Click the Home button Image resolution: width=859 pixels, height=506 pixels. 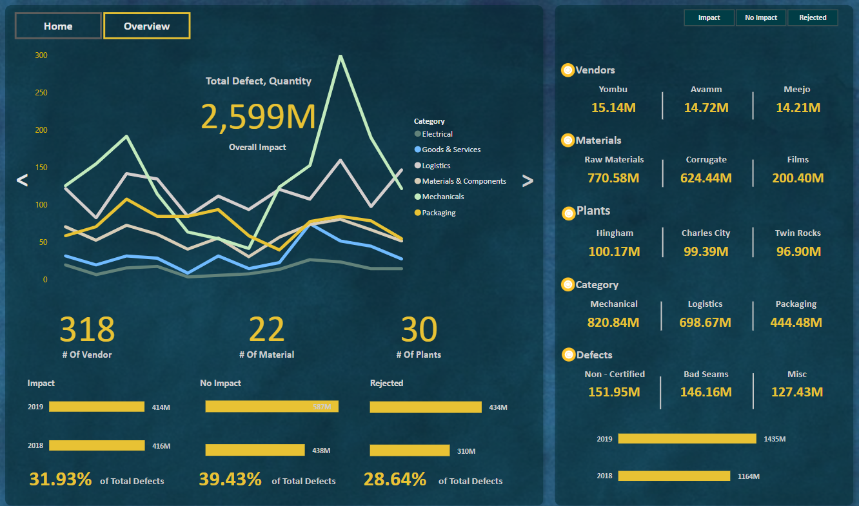click(58, 26)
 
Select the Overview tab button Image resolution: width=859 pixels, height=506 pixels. click(147, 26)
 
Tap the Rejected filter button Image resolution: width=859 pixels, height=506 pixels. click(813, 17)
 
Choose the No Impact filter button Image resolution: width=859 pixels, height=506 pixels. click(761, 17)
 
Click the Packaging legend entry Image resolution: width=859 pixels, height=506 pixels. click(439, 213)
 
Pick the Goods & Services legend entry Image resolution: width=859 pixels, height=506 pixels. click(451, 150)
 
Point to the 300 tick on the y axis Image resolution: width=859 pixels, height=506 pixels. click(41, 55)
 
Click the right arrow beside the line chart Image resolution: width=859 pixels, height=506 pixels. click(528, 180)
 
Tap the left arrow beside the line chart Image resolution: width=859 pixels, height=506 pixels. click(22, 180)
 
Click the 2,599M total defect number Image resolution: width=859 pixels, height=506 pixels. click(258, 117)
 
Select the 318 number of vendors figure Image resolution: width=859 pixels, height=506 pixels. click(87, 329)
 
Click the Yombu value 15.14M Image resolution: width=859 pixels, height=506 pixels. click(613, 108)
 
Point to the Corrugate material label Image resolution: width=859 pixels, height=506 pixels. click(706, 160)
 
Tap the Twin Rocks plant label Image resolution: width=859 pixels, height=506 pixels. click(798, 233)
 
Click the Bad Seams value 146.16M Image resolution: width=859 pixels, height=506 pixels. click(706, 392)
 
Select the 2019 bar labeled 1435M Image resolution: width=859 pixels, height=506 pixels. click(687, 439)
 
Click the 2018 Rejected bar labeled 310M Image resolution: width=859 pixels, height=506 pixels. click(410, 451)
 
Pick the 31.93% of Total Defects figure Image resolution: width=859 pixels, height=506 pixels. click(61, 480)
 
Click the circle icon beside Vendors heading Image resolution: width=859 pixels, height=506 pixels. click(568, 70)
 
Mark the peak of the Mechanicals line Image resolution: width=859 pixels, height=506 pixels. click(340, 56)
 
